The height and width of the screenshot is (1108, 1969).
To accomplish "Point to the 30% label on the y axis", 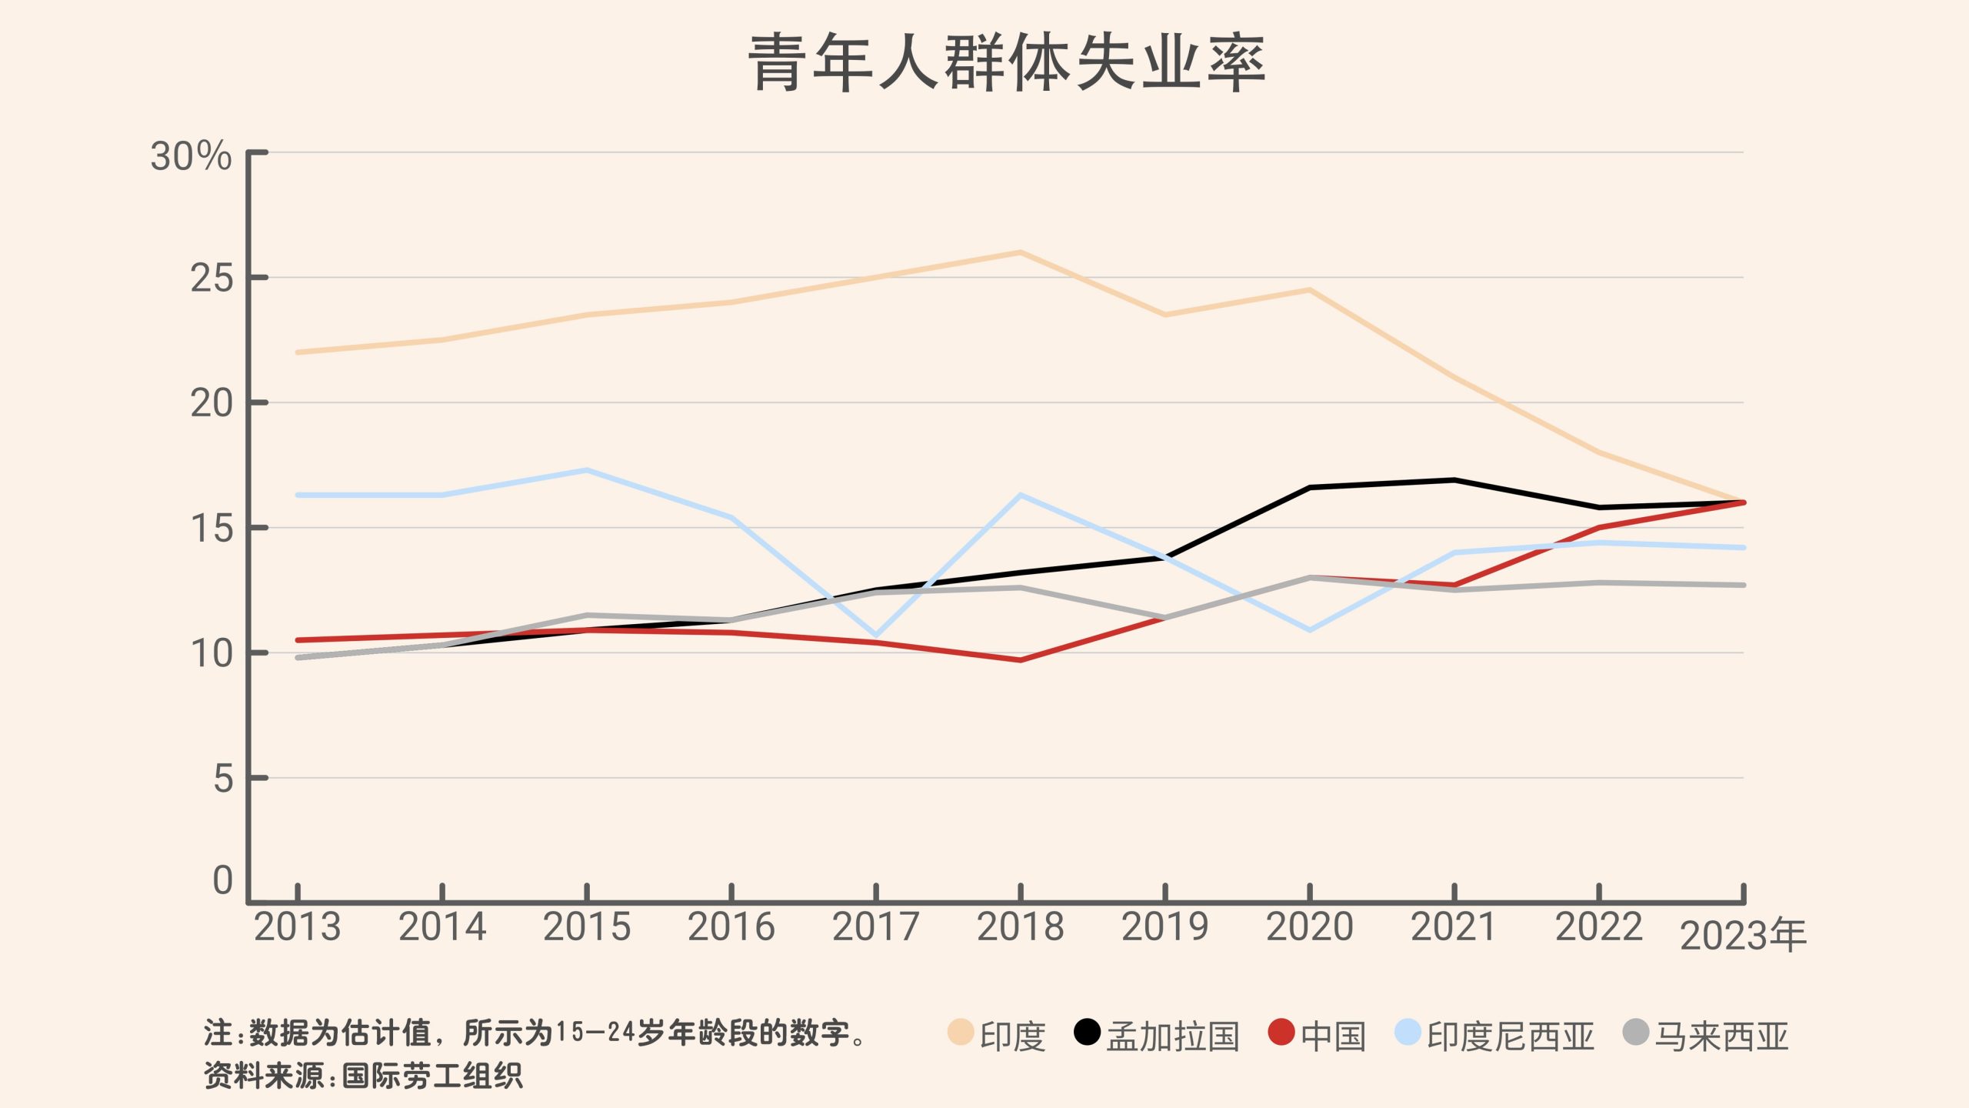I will click(x=191, y=156).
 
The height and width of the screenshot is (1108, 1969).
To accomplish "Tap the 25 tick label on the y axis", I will click(x=212, y=279).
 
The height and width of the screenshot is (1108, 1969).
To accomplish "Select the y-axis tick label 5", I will click(x=223, y=779).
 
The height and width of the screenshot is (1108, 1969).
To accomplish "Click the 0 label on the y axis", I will click(x=223, y=880).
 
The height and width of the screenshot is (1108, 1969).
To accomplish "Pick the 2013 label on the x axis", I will click(x=298, y=926).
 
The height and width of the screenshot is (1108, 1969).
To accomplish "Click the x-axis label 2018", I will click(x=1020, y=926).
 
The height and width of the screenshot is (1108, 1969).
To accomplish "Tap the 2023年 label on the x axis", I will click(x=1743, y=936).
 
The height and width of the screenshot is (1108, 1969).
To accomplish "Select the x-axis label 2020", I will click(x=1309, y=926).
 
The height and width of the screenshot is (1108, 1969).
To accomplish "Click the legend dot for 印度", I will click(x=961, y=1033).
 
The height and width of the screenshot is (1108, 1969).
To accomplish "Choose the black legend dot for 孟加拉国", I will click(x=1087, y=1033).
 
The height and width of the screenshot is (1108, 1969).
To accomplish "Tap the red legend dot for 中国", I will click(x=1281, y=1033).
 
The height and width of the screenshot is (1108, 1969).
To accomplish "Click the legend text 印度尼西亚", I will click(x=1511, y=1036).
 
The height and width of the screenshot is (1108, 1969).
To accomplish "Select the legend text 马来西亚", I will click(x=1721, y=1036).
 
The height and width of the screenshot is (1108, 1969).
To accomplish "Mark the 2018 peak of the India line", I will click(x=1020, y=252).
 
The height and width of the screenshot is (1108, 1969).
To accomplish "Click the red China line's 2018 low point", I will click(x=1020, y=660).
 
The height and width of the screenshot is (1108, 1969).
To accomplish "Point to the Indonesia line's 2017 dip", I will click(x=875, y=636).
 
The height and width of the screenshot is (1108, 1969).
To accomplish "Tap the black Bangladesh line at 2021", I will click(x=1454, y=480).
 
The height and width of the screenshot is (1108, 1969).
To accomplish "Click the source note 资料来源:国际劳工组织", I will click(x=363, y=1076).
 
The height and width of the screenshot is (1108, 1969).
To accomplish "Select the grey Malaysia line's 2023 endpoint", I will click(x=1743, y=586).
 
